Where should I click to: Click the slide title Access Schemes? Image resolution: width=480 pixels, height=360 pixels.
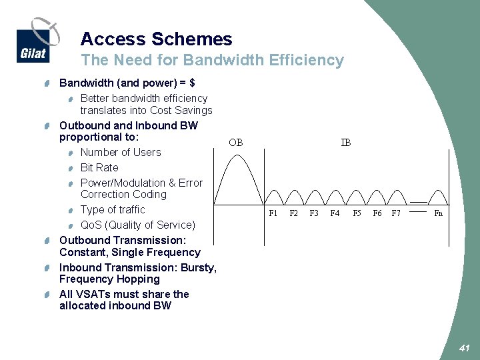156,39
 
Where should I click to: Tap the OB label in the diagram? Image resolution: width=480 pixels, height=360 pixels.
235,143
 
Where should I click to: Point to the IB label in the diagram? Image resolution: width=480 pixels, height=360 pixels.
346,143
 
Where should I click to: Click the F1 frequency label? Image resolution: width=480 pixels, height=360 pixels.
273,213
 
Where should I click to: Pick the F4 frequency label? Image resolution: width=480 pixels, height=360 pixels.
335,213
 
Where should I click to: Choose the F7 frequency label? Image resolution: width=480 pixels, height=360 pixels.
396,213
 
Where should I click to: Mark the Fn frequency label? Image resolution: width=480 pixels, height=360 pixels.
438,213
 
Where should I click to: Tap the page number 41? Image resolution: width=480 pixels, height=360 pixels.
465,348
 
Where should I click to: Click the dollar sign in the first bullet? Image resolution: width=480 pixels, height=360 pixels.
192,83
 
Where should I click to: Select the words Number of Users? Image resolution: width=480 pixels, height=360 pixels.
121,152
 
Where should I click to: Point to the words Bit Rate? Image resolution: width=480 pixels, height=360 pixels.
99,167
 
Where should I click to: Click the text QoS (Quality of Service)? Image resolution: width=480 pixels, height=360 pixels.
138,225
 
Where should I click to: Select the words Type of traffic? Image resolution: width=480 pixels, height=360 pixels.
113,209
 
